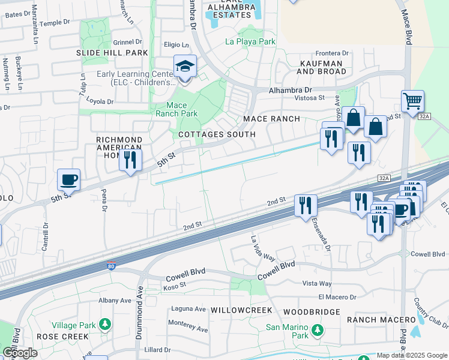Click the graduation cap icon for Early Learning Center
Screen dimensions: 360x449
pos(185,67)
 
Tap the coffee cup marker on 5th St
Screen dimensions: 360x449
pos(69,179)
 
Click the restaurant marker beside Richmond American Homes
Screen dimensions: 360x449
pos(130,160)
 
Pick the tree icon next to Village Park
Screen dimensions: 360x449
pos(106,325)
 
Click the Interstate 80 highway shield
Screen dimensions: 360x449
pos(112,265)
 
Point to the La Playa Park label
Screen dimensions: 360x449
pos(250,41)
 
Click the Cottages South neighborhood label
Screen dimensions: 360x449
pos(217,134)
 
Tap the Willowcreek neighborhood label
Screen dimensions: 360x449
pos(242,311)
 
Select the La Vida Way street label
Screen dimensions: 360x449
pos(262,247)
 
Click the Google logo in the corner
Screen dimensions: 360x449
pos(20,353)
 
